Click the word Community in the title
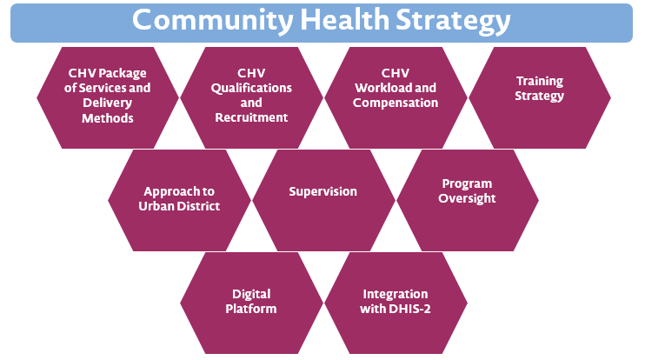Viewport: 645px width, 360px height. (213, 21)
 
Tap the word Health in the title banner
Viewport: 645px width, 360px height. (345, 19)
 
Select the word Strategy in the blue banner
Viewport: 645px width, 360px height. (453, 22)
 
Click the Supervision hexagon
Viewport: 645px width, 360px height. (323, 200)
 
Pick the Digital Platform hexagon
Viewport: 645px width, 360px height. (251, 303)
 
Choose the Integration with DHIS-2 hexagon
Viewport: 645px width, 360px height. (396, 303)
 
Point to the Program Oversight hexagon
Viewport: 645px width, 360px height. (468, 200)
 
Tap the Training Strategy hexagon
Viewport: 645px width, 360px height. (540, 97)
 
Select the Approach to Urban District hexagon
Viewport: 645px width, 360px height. (179, 200)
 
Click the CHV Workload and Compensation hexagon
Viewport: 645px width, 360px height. (396, 97)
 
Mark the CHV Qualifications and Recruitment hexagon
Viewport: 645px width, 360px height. (251, 97)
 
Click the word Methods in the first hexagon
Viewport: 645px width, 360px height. (108, 118)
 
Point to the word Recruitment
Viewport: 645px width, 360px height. (251, 117)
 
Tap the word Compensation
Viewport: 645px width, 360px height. (396, 103)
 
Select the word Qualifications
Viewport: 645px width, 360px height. (251, 88)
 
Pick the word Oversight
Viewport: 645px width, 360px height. (467, 199)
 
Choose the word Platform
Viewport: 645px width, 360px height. (251, 309)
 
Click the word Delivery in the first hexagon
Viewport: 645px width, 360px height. (108, 103)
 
